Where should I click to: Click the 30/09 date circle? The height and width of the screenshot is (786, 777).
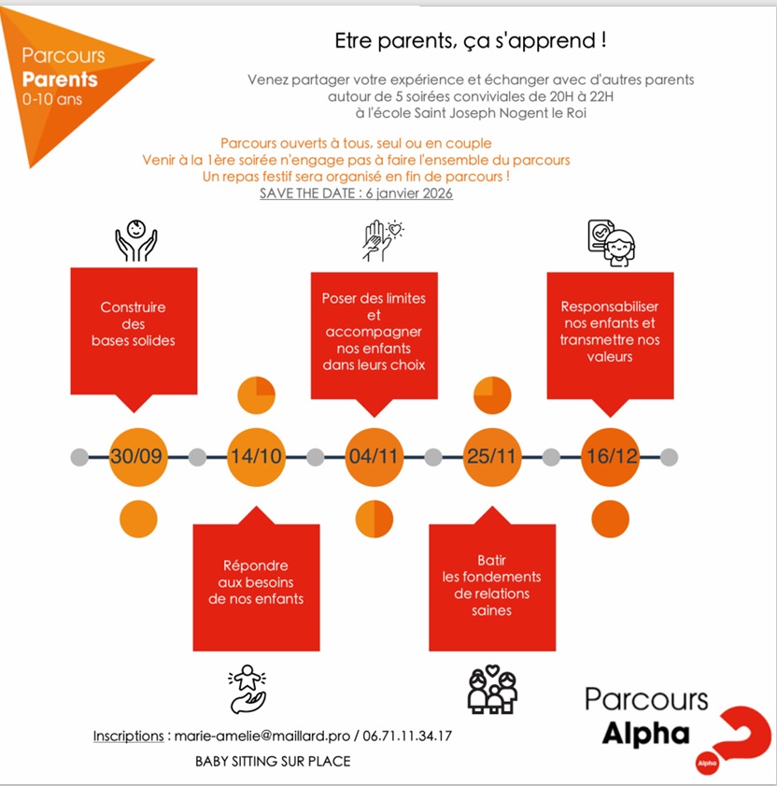[x=138, y=457]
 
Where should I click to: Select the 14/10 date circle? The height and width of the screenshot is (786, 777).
[x=256, y=457]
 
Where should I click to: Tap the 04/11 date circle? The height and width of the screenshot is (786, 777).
[x=374, y=457]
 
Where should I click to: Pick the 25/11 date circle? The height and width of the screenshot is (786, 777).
[x=492, y=457]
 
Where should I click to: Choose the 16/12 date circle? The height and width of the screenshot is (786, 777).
[x=610, y=457]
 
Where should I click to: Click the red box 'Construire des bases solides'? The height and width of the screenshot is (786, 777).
[x=134, y=331]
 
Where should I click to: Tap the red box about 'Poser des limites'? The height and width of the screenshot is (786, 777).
[x=374, y=336]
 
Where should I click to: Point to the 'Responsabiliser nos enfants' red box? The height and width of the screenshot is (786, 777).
[x=610, y=336]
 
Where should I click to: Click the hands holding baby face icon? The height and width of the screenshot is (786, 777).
[x=135, y=240]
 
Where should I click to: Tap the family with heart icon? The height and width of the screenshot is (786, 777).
[x=492, y=689]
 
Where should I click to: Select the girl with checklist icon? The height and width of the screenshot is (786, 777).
[x=611, y=243]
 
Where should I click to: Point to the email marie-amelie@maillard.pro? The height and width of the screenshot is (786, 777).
[x=262, y=736]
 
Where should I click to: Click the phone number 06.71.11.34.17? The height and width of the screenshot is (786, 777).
[x=407, y=736]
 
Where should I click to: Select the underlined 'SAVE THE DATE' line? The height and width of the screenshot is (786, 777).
[x=356, y=193]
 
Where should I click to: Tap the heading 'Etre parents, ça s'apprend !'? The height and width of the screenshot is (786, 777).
[x=471, y=40]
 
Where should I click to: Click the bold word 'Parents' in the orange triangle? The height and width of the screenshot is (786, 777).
[x=60, y=79]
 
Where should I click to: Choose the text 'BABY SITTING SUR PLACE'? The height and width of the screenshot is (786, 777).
[x=273, y=761]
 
